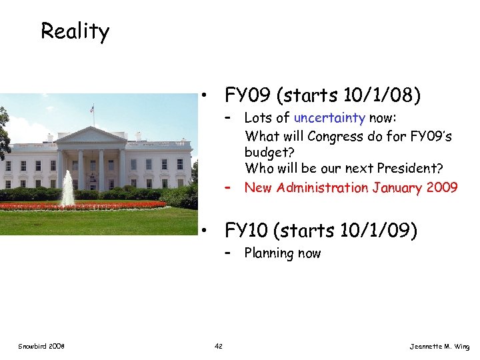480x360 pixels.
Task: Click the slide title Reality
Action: pos(75,31)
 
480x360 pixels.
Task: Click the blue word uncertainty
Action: pos(329,119)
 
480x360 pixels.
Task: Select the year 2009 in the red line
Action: pos(442,187)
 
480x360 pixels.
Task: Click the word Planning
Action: pos(268,253)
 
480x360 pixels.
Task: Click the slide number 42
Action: pos(219,346)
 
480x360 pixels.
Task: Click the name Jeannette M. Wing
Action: pos(439,347)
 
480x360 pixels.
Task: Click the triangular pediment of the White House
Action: pos(91,135)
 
